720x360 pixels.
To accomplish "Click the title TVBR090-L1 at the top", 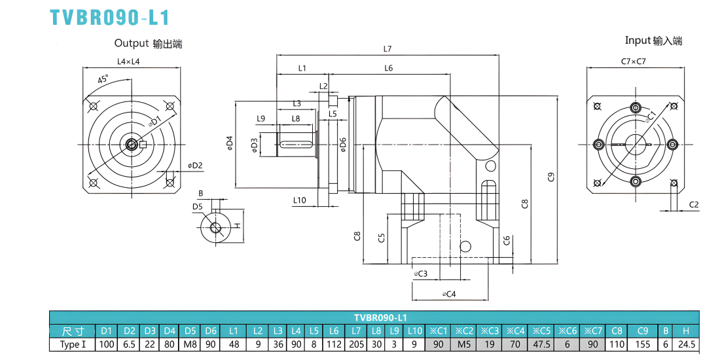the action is (110, 18).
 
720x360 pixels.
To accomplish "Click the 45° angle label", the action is (103, 79).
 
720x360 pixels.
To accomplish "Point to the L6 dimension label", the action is (388, 68).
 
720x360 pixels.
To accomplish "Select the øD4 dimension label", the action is (230, 144).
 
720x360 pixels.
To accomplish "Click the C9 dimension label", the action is (552, 176).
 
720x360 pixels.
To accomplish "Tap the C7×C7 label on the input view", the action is (633, 61).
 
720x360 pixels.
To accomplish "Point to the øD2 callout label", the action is (195, 166).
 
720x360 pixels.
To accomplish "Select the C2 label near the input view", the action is (694, 205).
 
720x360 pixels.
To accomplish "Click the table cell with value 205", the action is (356, 344).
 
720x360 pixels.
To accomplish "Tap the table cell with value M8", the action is (190, 344).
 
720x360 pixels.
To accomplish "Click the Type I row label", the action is (72, 344).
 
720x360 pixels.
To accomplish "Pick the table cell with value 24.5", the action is (686, 344).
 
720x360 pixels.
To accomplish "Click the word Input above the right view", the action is (638, 41).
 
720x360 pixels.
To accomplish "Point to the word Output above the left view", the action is (131, 44).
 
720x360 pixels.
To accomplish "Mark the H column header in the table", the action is (686, 331).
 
